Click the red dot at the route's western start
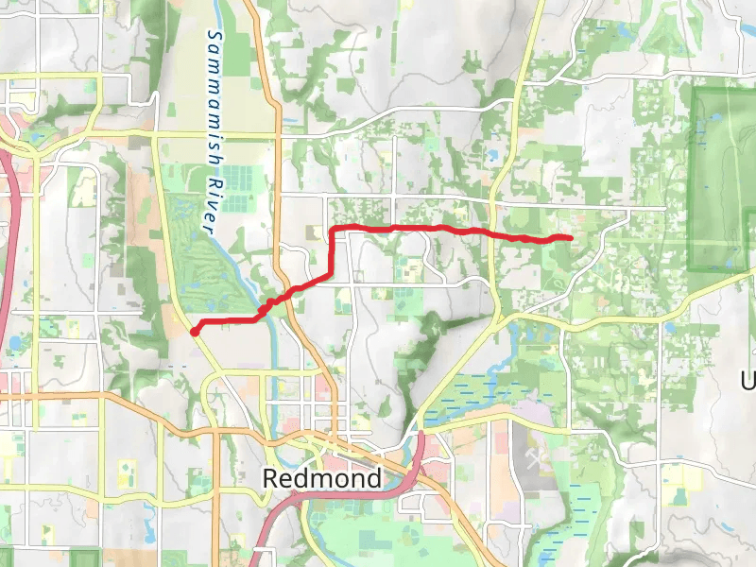coord(195,331)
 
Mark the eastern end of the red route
coord(570,237)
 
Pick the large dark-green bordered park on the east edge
coord(723,180)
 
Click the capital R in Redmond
coord(270,478)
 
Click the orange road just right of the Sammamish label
coord(273,94)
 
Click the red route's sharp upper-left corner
coord(333,230)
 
